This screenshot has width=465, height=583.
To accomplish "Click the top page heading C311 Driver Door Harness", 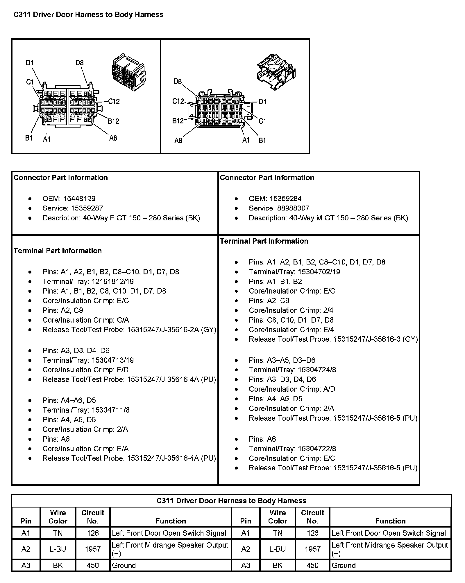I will click(88, 15).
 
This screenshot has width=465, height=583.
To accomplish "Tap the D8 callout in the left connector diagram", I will click(80, 63).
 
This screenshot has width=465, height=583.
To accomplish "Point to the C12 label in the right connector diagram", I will click(178, 101).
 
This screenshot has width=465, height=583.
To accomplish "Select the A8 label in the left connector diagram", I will click(113, 138).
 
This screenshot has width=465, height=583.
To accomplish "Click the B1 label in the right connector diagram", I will click(262, 141).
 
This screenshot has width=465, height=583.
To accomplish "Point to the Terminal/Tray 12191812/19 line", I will click(88, 281).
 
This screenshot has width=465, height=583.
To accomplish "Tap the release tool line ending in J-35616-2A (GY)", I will click(129, 330).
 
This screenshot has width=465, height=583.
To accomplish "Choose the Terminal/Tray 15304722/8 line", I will click(292, 449).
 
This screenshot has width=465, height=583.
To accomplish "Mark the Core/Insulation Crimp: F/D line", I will click(85, 370).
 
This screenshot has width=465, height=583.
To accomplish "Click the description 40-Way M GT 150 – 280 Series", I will click(328, 218).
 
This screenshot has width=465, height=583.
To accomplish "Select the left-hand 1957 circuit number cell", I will click(93, 549).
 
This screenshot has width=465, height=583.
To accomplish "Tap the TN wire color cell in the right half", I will click(278, 533).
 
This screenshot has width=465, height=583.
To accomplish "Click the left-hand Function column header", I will click(171, 521).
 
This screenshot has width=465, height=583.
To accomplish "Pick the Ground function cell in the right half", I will click(344, 565).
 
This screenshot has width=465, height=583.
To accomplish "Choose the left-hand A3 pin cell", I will click(26, 565).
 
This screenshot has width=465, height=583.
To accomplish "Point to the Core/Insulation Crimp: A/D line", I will click(292, 389).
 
